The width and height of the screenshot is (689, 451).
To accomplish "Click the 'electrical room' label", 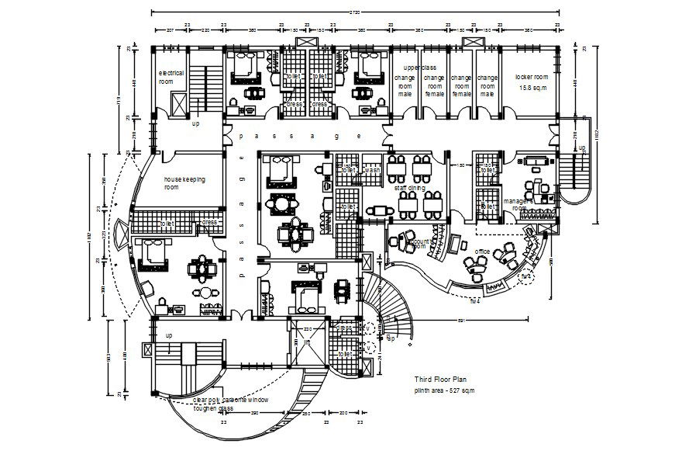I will coord(171,76).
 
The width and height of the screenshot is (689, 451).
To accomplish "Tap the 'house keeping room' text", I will coord(184,182).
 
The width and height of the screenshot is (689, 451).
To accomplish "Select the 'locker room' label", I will coord(531,77).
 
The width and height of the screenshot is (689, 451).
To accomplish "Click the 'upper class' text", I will coord(420,68).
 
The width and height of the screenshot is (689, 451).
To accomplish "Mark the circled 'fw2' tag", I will coord(525,276).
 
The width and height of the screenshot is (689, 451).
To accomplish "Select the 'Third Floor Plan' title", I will coord(441,380).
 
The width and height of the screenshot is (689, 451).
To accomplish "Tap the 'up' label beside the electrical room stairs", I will coord(195,123).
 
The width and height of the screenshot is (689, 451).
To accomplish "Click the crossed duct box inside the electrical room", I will coord(177,104).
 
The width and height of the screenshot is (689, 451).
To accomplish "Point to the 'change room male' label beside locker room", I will coord(487,85).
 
